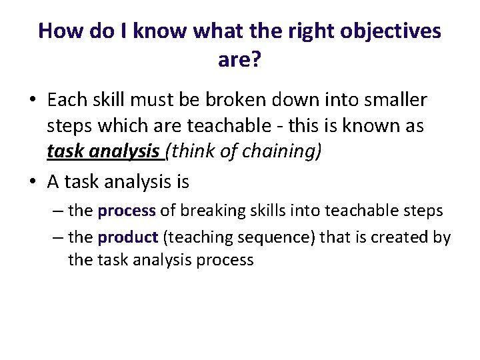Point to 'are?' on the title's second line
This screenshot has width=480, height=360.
tap(239, 61)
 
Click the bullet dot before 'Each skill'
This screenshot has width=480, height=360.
tap(32, 101)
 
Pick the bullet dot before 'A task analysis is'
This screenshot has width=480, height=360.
tap(32, 181)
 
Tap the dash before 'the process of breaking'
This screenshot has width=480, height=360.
tap(58, 211)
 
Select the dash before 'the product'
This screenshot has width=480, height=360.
tap(58, 237)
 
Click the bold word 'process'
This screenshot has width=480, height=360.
tap(127, 211)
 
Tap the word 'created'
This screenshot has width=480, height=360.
tap(394, 237)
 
